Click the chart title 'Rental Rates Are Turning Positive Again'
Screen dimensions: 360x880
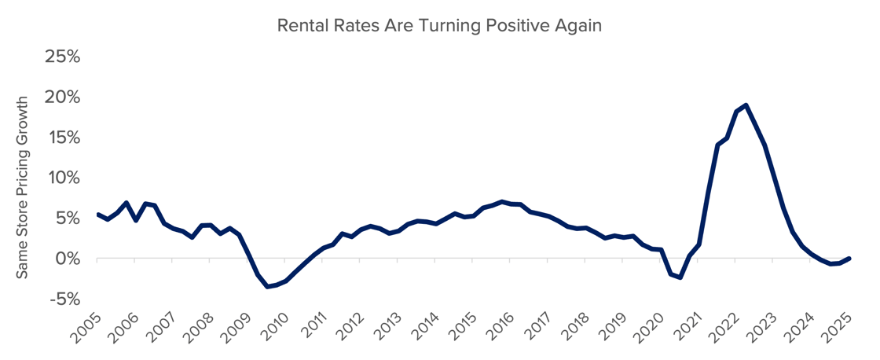[x=439, y=25]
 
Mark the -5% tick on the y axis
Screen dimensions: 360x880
[x=66, y=299]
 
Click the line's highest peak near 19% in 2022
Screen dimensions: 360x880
[x=745, y=105]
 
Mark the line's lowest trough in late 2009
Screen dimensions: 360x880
[x=267, y=287]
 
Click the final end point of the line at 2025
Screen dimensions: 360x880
[x=850, y=258]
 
